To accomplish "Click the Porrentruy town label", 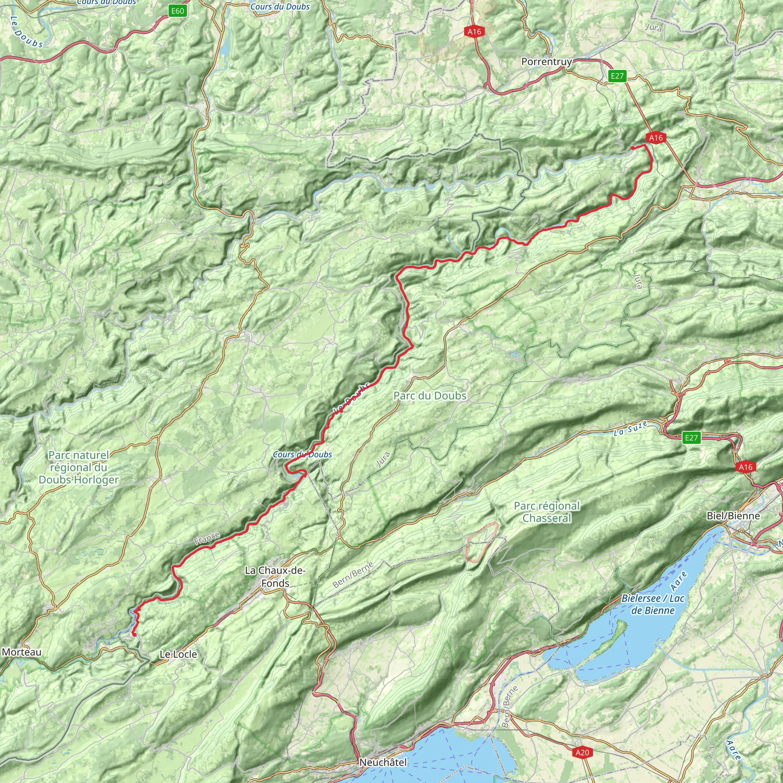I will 546,62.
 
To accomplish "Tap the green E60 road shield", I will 177,11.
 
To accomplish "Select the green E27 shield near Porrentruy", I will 617,76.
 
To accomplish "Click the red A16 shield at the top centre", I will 474,31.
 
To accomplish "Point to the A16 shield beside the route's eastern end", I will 656,138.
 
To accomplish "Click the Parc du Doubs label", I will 430,396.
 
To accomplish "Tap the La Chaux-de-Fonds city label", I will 275,577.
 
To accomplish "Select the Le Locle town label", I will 178,654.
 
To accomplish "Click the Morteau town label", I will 21,652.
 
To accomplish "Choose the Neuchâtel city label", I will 383,762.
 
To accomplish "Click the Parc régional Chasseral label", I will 547,512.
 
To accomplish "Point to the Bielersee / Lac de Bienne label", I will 653,604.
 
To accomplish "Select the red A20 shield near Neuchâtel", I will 582,752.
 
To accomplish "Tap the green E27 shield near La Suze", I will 691,438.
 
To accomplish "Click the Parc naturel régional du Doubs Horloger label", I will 79,467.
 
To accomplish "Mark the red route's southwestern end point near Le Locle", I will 134,635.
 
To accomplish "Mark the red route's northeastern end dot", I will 633,148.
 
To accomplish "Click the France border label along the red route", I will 207,539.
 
